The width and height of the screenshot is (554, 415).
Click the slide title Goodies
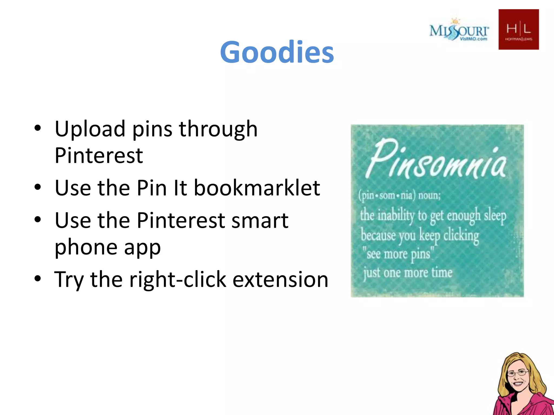tap(277, 52)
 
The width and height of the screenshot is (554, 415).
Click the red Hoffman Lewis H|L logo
tap(519, 29)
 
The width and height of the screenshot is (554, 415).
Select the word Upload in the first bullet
tap(90, 129)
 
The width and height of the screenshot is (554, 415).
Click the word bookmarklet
tap(257, 188)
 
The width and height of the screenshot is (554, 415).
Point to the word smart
tap(260, 220)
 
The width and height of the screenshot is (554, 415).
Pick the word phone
tap(86, 247)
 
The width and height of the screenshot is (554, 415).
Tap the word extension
tap(281, 279)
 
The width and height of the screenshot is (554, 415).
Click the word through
tap(218, 129)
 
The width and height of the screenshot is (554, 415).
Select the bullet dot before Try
tap(38, 278)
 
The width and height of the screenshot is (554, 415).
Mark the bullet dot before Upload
tap(38, 128)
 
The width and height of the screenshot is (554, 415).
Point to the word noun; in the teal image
tap(430, 195)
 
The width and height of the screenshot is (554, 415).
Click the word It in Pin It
tap(180, 188)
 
